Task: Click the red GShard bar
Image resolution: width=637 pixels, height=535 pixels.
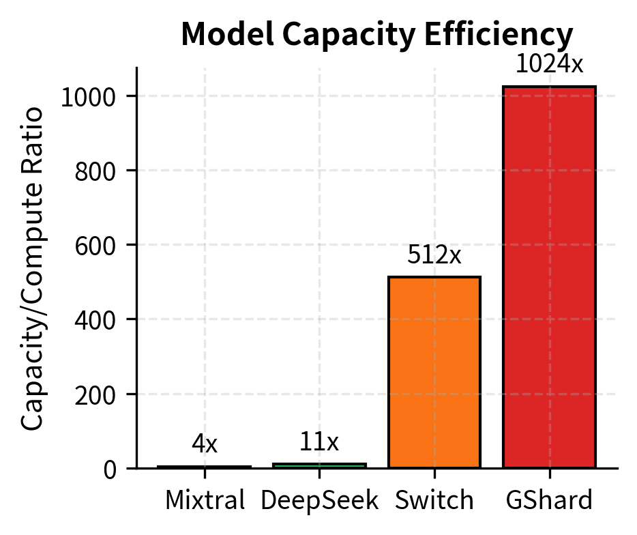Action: point(549,277)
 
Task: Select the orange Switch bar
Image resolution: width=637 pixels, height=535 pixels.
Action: point(434,372)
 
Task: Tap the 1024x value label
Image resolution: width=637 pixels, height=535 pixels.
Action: point(549,64)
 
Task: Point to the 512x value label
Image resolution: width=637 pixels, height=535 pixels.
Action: point(434,255)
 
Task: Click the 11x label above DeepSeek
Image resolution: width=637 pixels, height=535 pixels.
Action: point(319,443)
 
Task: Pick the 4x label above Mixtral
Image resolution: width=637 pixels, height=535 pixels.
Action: point(205,445)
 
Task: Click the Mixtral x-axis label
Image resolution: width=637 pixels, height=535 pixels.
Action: point(205,501)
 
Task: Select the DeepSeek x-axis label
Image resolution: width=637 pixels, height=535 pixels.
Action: point(319,501)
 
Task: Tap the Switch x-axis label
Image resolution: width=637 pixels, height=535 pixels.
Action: point(434,501)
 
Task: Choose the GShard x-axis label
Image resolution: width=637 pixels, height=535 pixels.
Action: point(549,501)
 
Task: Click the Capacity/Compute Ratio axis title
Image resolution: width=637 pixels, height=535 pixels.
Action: point(33,268)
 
